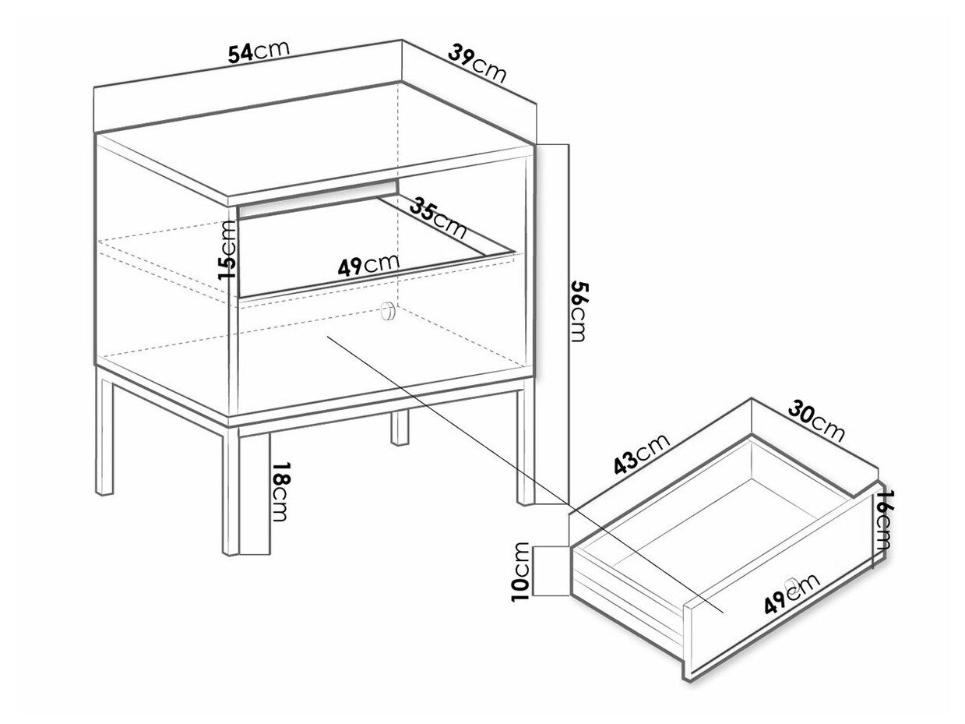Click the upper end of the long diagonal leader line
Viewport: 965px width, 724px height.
(x=328, y=337)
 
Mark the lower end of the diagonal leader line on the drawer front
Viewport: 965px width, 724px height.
(x=724, y=612)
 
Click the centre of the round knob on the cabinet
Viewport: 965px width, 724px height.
(x=389, y=312)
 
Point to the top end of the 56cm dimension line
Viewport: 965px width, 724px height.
(x=569, y=144)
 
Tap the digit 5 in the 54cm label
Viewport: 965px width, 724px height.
(x=234, y=55)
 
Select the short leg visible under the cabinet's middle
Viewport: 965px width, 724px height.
(x=399, y=428)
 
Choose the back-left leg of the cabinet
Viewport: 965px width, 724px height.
(x=104, y=436)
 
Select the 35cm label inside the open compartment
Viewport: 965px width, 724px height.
(x=438, y=217)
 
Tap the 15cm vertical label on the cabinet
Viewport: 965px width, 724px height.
(x=227, y=250)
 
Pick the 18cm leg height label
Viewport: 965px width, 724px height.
(x=280, y=491)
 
